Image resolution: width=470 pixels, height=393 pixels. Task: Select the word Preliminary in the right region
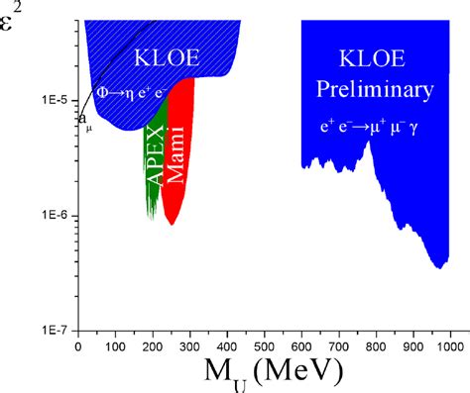click(375, 90)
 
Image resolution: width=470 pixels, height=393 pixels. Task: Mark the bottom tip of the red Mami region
click(172, 224)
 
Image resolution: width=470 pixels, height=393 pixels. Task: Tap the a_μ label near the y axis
click(84, 121)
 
